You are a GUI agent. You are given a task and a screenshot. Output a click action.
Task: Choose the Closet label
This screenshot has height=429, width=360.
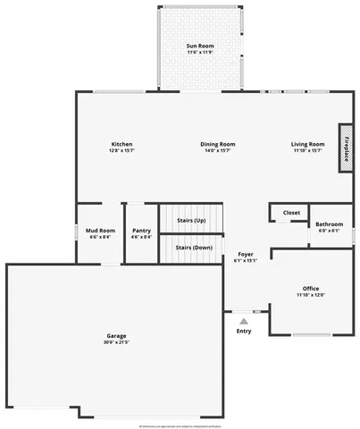pyautogui.click(x=291, y=213)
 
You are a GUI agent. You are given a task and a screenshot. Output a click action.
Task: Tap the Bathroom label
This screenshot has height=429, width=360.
pyautogui.click(x=330, y=224)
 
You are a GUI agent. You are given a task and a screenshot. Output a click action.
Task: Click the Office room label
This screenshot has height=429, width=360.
pyautogui.click(x=311, y=288)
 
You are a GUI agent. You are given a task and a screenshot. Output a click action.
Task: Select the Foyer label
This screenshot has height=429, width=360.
pyautogui.click(x=245, y=255)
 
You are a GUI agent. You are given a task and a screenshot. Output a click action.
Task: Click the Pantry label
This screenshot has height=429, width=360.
pyautogui.click(x=141, y=231)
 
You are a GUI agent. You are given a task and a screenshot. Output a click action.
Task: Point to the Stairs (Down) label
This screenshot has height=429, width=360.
pyautogui.click(x=194, y=248)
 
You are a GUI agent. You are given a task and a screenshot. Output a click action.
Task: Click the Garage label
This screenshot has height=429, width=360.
pyautogui.click(x=116, y=335)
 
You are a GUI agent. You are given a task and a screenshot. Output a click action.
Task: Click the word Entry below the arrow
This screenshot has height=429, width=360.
pyautogui.click(x=244, y=332)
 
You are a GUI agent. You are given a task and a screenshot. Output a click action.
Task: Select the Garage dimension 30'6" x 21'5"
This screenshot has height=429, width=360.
pyautogui.click(x=116, y=342)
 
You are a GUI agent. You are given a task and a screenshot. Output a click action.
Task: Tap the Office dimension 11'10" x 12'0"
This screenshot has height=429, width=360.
pyautogui.click(x=311, y=295)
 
